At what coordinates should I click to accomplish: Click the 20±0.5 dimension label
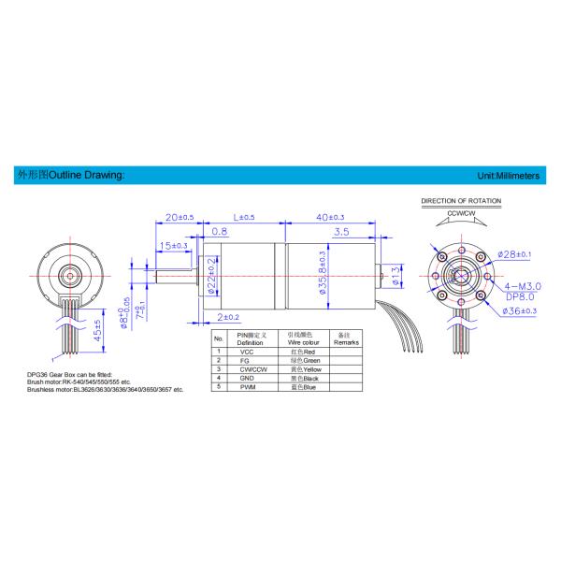(x=179, y=217)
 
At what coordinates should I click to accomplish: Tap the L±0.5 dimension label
(x=245, y=217)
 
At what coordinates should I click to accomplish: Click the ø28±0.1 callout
(x=513, y=254)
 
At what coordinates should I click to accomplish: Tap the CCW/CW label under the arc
(x=462, y=213)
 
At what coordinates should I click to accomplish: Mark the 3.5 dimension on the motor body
(x=340, y=231)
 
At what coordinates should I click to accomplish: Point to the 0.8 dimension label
(x=221, y=231)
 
